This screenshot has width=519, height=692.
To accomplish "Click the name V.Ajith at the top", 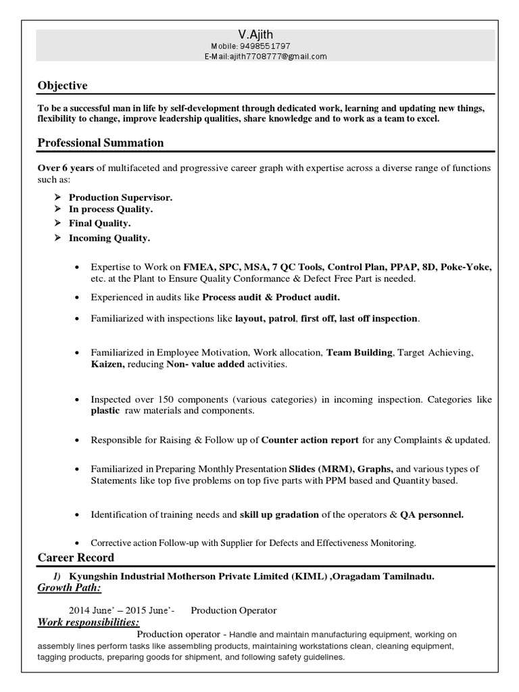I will (256, 34).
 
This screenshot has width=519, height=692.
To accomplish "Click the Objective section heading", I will (62, 86).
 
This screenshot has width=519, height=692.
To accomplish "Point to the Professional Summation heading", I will (100, 143).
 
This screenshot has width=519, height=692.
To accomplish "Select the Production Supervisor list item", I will (120, 197).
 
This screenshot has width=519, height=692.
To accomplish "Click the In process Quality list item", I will (111, 209).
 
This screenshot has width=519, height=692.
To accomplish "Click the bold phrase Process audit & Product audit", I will (271, 297).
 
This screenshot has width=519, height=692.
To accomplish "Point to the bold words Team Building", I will (360, 353).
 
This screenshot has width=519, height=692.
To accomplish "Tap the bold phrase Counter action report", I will (310, 440).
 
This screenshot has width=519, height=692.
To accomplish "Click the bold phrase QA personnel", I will (432, 514).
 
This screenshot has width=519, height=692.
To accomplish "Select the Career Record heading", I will (76, 558).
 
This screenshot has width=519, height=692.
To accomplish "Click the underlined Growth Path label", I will (69, 588).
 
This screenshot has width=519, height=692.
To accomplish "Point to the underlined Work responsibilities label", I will (89, 622).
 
